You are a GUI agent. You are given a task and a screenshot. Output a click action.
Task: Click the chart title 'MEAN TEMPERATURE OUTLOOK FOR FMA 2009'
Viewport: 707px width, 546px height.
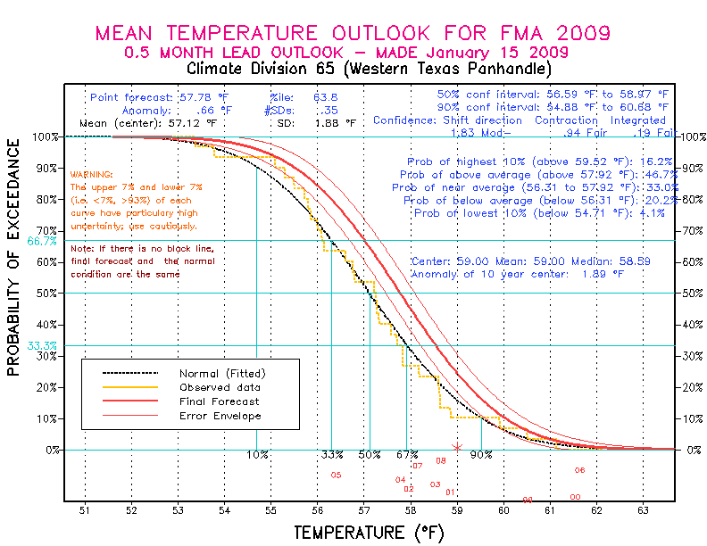[x=353, y=33]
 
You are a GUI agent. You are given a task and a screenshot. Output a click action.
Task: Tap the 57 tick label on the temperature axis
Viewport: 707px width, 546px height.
[x=364, y=511]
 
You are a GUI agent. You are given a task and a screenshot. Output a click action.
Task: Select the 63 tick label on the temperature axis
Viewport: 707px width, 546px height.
[x=644, y=511]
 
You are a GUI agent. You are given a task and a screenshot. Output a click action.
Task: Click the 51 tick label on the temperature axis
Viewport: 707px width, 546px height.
[x=85, y=511]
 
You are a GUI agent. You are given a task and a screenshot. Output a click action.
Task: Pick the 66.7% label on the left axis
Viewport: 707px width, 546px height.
[x=42, y=241]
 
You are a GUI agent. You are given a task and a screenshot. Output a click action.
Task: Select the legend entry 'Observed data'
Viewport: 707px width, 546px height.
[x=220, y=387]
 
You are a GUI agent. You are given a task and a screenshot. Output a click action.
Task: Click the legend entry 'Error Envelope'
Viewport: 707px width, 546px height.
[x=220, y=416]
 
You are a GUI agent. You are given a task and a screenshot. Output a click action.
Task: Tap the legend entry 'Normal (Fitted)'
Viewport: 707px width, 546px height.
[x=222, y=373]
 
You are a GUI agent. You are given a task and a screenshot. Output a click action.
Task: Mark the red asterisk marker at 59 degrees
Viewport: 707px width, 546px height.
[x=457, y=447]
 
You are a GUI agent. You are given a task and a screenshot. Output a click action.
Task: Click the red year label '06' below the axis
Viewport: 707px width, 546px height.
[x=579, y=470]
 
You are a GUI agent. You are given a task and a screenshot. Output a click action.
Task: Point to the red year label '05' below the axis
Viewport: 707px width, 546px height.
[x=336, y=476]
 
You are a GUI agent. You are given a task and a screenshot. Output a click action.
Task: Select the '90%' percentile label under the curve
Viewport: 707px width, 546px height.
[x=481, y=455]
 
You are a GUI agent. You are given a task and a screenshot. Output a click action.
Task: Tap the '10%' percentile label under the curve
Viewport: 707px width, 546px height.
[x=258, y=455]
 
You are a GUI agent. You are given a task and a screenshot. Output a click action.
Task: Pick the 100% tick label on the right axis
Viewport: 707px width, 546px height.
[x=692, y=136]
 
